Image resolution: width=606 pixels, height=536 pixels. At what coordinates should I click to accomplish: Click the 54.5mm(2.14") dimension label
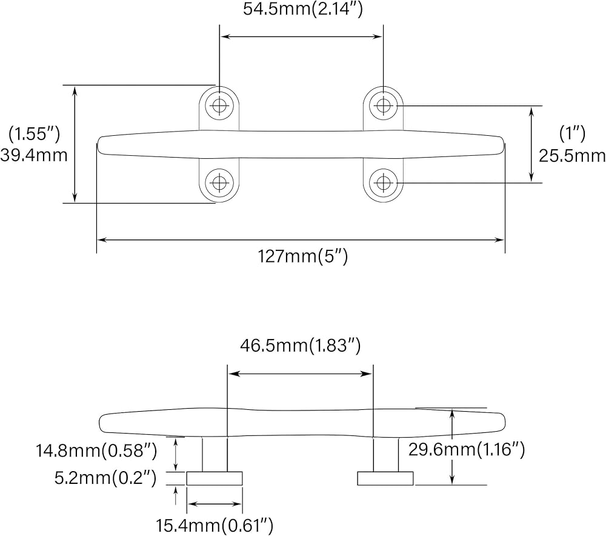[301, 10]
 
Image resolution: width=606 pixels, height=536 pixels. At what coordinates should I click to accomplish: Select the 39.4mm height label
[33, 155]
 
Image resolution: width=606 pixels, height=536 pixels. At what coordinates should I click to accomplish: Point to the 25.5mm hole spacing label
[572, 156]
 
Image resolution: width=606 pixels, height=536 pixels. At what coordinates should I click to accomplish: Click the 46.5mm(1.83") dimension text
[301, 346]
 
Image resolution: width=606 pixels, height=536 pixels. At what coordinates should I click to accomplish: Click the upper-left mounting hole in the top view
[219, 106]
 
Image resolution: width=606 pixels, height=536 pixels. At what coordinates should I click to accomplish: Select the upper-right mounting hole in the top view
[382, 106]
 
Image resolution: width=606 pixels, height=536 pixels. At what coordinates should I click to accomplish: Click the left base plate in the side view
[215, 478]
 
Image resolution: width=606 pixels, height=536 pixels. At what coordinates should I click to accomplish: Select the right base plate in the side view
[385, 478]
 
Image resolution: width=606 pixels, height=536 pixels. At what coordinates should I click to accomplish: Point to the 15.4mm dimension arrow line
[215, 503]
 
